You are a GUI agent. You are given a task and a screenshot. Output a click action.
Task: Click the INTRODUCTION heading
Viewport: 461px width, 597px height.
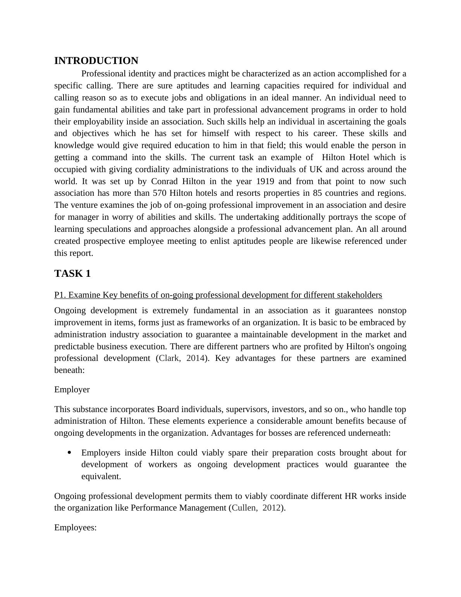tap(96, 61)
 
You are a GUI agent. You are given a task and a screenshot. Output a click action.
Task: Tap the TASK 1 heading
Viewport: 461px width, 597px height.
tap(72, 274)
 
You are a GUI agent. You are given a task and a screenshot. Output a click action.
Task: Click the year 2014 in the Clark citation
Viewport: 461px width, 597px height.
tap(195, 358)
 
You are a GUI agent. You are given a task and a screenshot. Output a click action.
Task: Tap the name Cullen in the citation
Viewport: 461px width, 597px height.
tap(244, 508)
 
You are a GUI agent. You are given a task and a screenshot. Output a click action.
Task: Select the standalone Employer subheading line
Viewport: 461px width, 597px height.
tap(72, 390)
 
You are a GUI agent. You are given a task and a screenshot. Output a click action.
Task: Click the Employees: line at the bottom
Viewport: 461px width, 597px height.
tap(75, 528)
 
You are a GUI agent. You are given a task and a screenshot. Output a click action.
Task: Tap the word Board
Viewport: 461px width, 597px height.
tap(168, 409)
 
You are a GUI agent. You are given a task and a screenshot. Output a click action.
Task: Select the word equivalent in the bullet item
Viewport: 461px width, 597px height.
tap(101, 476)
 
